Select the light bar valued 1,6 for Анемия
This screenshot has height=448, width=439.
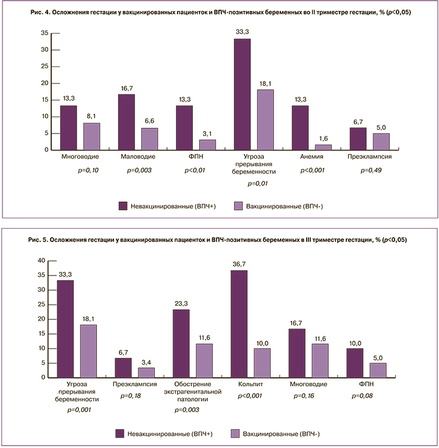coord(323,147)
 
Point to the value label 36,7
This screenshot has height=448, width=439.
coord(240,265)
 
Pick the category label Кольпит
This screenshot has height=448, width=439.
coord(252,385)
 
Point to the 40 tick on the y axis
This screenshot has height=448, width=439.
coord(42,260)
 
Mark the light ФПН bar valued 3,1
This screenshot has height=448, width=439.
coord(207,144)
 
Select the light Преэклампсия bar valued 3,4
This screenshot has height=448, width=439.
coord(147,372)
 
